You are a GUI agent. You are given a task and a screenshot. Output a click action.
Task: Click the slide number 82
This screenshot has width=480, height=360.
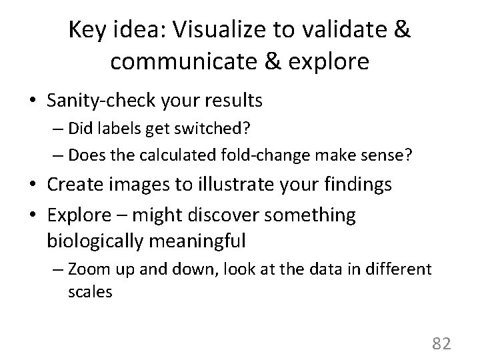click(441, 343)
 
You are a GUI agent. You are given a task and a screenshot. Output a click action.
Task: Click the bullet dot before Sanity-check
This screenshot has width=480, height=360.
click(34, 101)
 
